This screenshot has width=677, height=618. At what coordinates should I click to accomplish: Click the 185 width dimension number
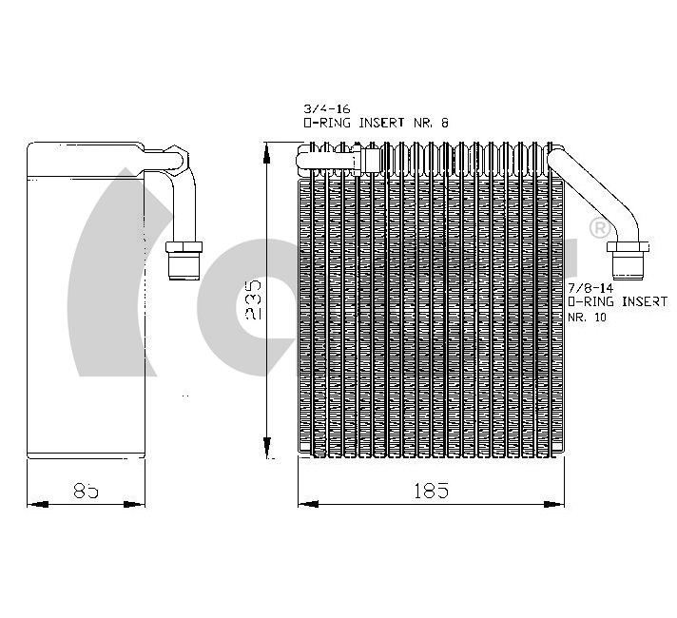pyautogui.click(x=432, y=491)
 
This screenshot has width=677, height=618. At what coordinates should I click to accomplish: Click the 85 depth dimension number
pyautogui.click(x=86, y=491)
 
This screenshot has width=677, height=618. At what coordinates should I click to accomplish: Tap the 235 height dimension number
pyautogui.click(x=253, y=299)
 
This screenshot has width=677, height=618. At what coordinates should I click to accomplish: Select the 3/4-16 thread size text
pyautogui.click(x=326, y=108)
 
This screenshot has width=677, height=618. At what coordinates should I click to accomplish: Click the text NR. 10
pyautogui.click(x=587, y=317)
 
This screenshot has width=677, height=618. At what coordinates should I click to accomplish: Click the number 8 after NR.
pyautogui.click(x=444, y=123)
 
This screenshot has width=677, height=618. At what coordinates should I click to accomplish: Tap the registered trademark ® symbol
pyautogui.click(x=600, y=228)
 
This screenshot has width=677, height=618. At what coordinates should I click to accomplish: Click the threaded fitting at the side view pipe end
pyautogui.click(x=184, y=261)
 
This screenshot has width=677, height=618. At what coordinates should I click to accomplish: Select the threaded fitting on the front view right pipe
pyautogui.click(x=628, y=260)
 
